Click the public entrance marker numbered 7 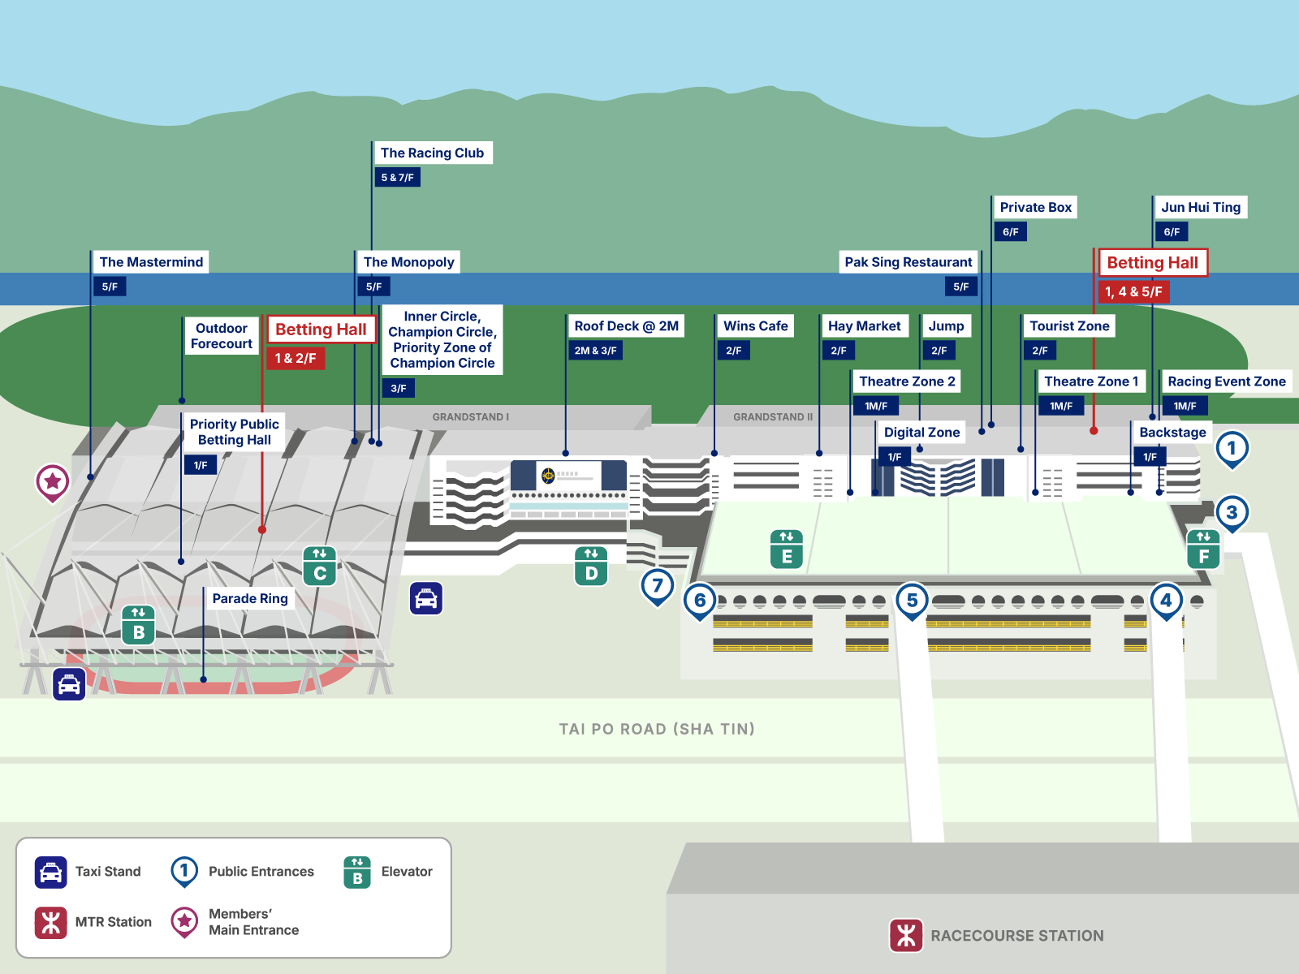coord(658,587)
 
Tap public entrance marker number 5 coord(912,601)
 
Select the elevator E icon coord(787,549)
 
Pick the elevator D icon coord(591,567)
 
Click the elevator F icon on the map coord(1204,549)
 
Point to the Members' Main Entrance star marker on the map coord(53,483)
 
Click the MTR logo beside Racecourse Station coord(906,936)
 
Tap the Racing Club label coord(432,153)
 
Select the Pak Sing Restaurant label coord(908,262)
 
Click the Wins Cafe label coord(756,325)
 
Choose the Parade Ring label coord(250,598)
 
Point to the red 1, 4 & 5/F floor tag coord(1133,291)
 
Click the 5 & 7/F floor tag coord(397,178)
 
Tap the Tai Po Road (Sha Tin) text coord(657,729)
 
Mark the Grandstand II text coord(773,417)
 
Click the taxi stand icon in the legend coord(51,872)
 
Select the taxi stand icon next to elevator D coord(426,598)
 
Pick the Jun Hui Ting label coord(1200,207)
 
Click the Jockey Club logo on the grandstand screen coord(548,474)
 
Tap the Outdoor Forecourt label coord(222,336)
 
